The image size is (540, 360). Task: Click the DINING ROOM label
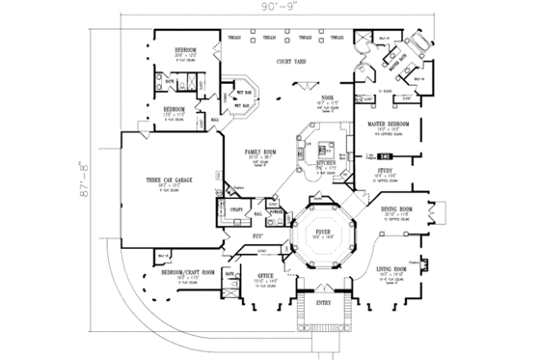396,208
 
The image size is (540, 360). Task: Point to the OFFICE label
267,276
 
